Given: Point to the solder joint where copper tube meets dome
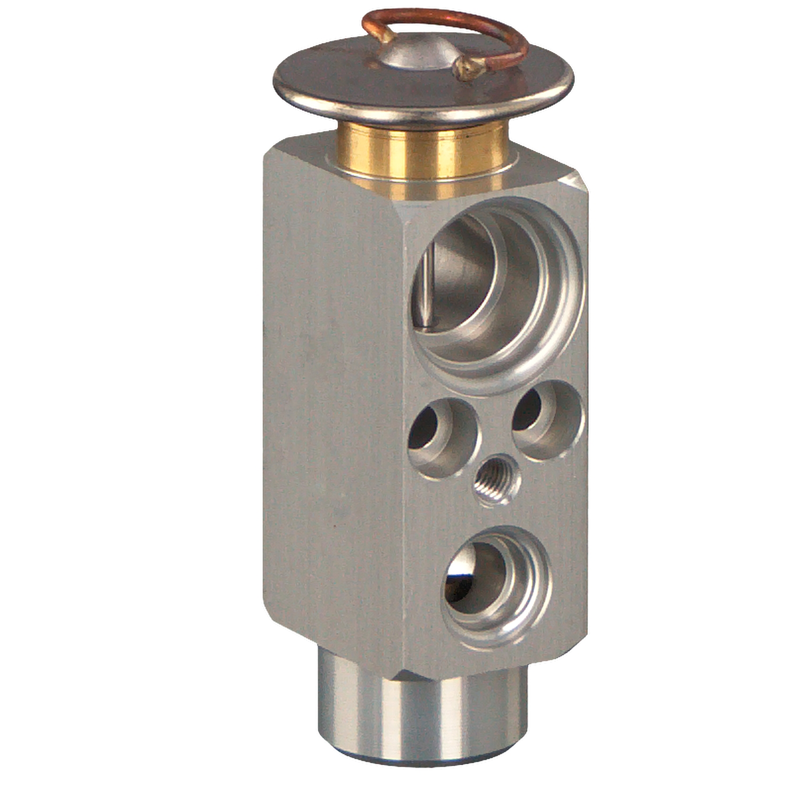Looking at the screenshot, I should (x=387, y=37).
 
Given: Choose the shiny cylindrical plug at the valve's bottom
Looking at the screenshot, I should (x=420, y=713).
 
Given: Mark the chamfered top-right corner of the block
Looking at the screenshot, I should (x=577, y=181).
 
